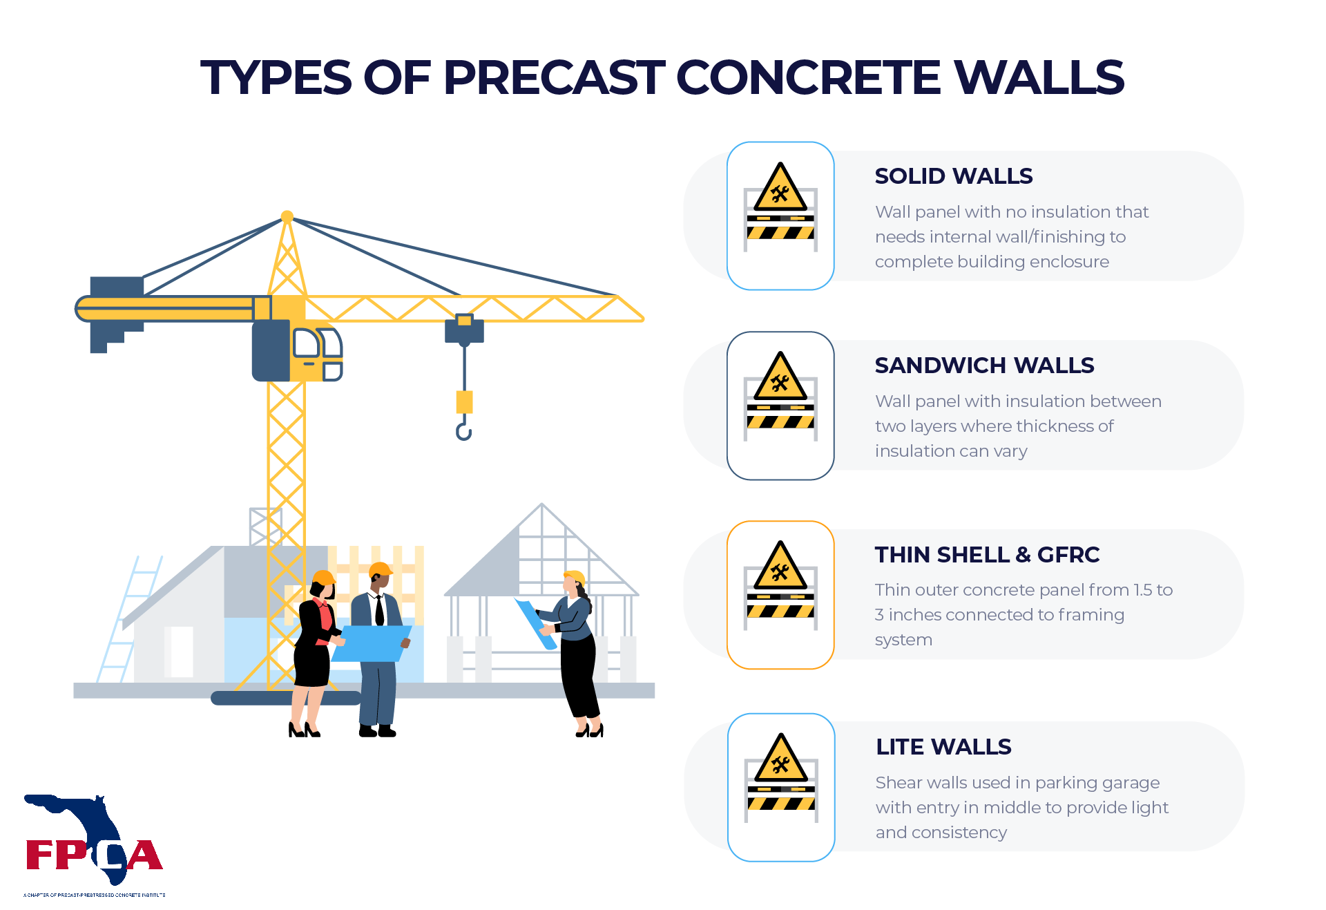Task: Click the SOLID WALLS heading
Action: click(x=954, y=176)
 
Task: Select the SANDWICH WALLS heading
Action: click(x=984, y=366)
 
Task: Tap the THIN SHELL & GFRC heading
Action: click(x=987, y=555)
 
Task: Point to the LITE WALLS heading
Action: click(x=943, y=747)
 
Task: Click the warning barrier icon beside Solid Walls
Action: click(x=780, y=216)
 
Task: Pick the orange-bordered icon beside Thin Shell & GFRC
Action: click(x=780, y=595)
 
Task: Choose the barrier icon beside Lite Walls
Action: click(x=781, y=787)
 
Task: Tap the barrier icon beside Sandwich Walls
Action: click(x=780, y=406)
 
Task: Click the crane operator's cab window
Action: click(x=307, y=343)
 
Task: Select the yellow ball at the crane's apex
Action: click(x=287, y=216)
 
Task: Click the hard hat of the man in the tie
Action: click(x=380, y=570)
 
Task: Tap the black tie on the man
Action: click(x=379, y=611)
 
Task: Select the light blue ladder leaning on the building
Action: click(x=129, y=618)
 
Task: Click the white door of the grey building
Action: click(x=182, y=652)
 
